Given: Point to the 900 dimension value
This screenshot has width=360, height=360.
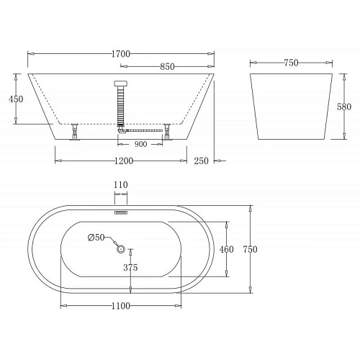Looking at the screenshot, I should [x=141, y=144].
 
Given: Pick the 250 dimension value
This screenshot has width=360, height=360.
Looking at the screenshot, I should [x=201, y=161].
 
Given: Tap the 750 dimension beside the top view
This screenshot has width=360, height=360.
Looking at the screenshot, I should [x=250, y=249].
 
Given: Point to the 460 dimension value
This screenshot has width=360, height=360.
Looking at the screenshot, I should [x=228, y=249].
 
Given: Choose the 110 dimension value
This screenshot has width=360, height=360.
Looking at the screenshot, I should [x=120, y=185].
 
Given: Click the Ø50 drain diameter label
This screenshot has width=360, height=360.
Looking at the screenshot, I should [x=96, y=238].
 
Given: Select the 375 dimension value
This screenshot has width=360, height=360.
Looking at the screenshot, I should [x=130, y=268].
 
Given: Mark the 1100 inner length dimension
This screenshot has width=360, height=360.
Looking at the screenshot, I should [x=120, y=306].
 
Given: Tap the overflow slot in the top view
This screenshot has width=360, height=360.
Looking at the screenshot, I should [x=120, y=212].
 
